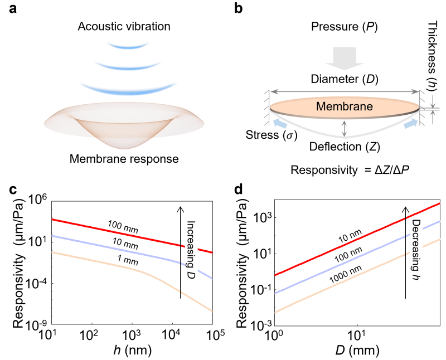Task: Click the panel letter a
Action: (13, 9)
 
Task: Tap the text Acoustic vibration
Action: (124, 26)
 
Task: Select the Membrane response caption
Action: (124, 159)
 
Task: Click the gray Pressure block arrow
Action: (345, 59)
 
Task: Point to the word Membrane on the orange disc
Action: (345, 106)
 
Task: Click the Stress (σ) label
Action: (272, 135)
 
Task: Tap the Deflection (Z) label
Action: (345, 147)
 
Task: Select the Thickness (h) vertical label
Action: (432, 56)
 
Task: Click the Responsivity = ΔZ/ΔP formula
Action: (350, 170)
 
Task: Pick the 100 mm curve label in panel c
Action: (123, 227)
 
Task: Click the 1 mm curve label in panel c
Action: (128, 260)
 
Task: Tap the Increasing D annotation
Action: (191, 250)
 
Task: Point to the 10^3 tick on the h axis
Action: (132, 335)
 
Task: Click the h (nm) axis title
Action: (132, 351)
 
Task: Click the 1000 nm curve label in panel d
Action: (346, 274)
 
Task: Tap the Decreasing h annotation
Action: (416, 250)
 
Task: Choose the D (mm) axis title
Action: (357, 351)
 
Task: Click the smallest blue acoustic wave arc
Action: (128, 46)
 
